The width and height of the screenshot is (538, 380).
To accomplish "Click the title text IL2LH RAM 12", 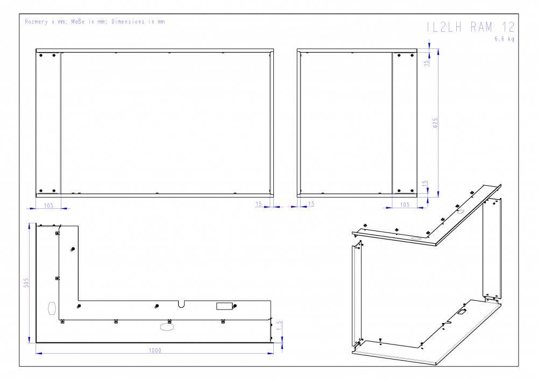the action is coord(470,27).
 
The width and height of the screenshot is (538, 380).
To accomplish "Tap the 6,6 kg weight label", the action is coord(504,39).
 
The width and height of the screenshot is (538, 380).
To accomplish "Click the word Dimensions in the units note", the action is coord(128,22).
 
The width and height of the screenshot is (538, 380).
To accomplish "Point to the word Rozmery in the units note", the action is coord(36,22).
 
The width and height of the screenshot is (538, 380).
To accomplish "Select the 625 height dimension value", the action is coord(435,123).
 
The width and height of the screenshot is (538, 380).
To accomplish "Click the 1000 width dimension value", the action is coord(155,350).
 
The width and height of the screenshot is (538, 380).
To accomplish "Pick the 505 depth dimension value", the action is coord(26,283).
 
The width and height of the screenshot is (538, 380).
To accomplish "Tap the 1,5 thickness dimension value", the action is coord(279,326).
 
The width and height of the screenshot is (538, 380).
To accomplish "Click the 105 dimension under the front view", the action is coord(49,205).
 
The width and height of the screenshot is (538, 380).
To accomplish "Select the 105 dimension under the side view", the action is coord(405,205).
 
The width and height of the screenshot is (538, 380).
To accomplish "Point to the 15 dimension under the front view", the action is coord(259,204).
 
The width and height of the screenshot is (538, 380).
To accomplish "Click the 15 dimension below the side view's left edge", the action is coord(311,204).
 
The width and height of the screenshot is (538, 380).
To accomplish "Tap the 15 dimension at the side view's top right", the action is coord(427,63).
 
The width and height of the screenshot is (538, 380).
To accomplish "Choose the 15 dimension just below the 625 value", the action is coord(425,184).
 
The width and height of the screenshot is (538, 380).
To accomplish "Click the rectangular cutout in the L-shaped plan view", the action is coord(224,306).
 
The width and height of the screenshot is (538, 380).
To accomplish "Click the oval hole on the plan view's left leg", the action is coord(52,308).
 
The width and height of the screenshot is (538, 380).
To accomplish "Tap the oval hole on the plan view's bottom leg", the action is coord(167,327).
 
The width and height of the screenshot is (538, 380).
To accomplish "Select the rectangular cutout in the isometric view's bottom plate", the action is coord(462,312).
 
